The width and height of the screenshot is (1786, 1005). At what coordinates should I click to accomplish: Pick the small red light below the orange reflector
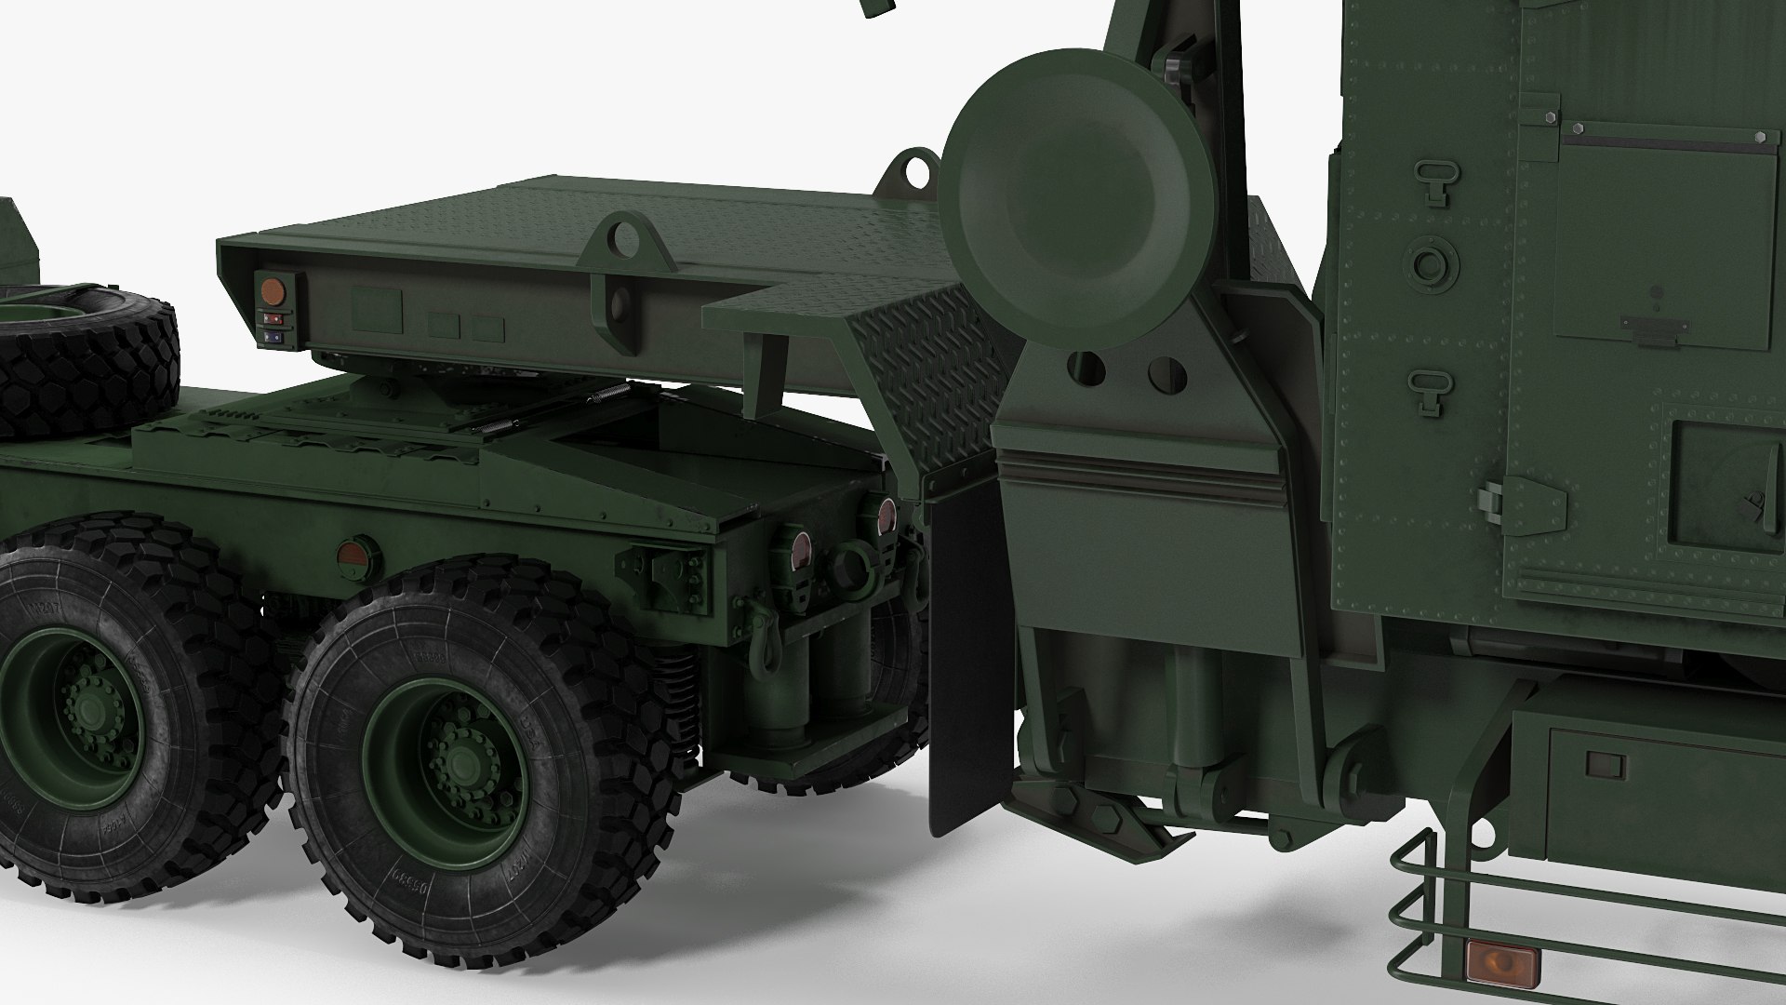pos(273,317)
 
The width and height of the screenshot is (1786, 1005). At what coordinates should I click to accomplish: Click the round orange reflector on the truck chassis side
pos(352,555)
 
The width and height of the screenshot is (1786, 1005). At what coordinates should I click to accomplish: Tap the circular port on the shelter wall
pos(1431,262)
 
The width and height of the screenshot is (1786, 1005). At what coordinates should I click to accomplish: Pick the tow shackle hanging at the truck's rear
pos(765,648)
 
